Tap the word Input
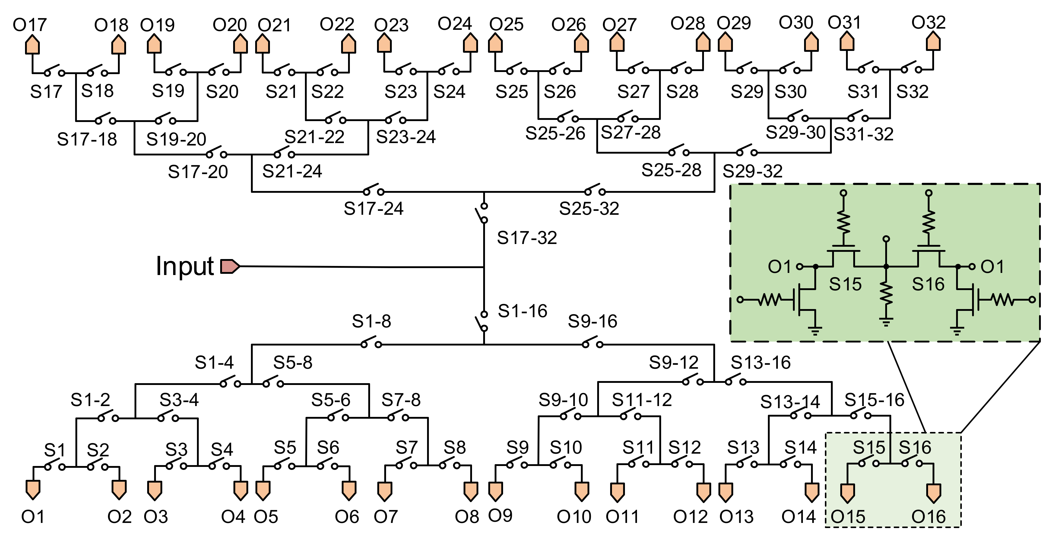(185, 266)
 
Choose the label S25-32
(589, 209)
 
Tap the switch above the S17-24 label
(373, 191)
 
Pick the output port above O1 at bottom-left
(33, 489)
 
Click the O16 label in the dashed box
(928, 517)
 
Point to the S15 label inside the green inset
(845, 284)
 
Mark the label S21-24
(292, 171)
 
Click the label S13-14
(790, 402)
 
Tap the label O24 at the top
(455, 24)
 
